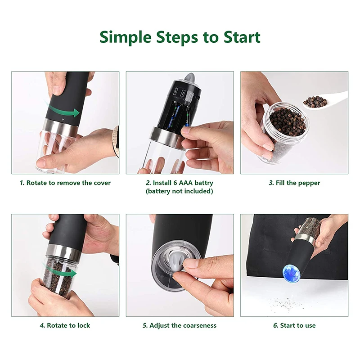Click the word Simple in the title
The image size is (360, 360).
126,38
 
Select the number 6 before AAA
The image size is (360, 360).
175,183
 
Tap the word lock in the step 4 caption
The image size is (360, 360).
84,325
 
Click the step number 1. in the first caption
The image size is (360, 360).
22,183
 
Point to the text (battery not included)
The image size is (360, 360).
179,191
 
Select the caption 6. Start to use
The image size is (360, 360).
294,325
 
